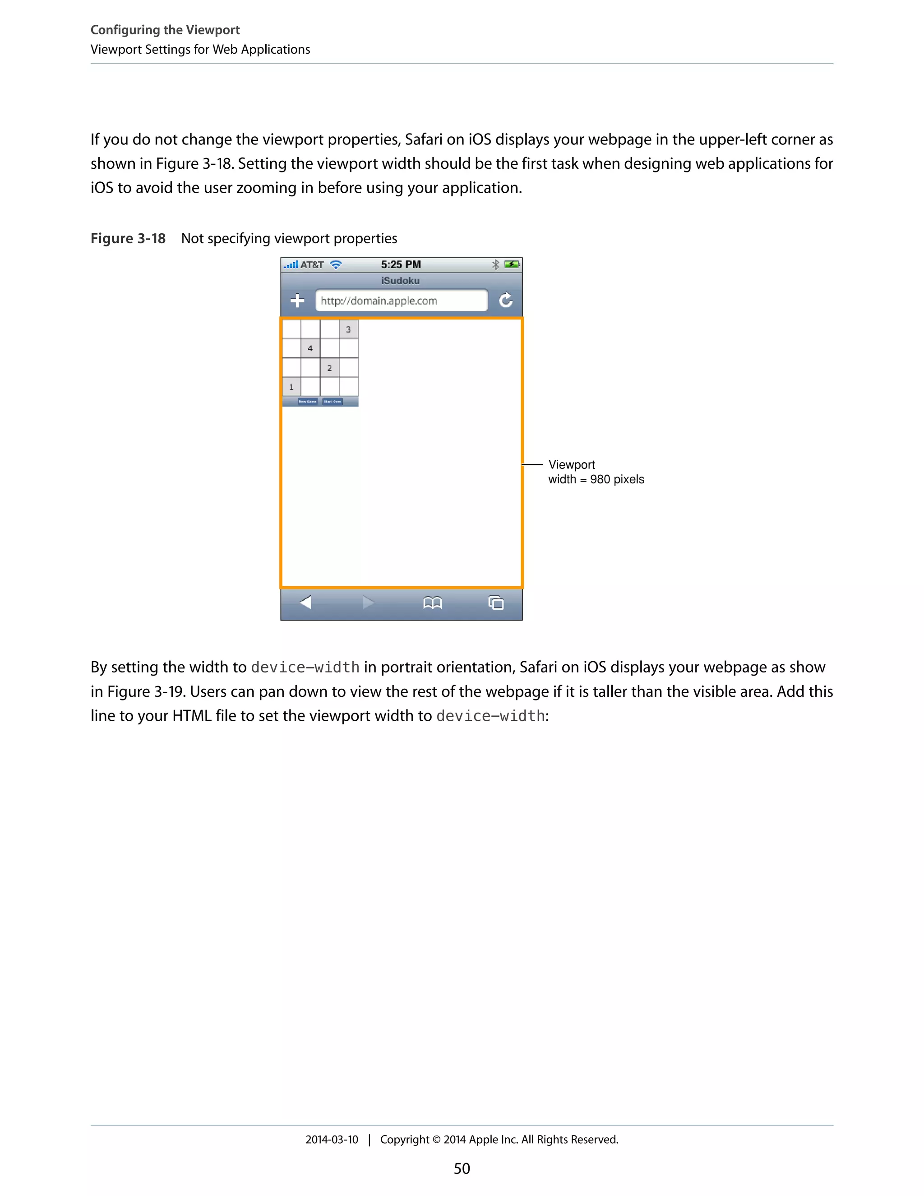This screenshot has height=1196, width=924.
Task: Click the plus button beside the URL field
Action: [297, 300]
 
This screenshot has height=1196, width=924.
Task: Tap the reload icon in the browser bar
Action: [506, 300]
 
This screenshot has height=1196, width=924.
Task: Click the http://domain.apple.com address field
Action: [401, 301]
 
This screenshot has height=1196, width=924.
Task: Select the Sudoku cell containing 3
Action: [348, 329]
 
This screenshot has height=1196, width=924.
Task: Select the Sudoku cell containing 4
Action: [310, 348]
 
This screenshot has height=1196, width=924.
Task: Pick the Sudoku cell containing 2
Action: [329, 367]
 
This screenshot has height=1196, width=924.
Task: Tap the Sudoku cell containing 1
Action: [291, 387]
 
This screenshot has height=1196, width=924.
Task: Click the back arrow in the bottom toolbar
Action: [305, 603]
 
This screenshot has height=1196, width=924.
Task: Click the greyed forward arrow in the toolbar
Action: [369, 603]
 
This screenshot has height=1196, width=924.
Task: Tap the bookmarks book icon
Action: [432, 603]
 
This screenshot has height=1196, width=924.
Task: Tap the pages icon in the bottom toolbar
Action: [496, 603]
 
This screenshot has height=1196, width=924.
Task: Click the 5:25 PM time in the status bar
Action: [401, 264]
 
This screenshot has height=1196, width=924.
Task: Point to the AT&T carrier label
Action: [312, 265]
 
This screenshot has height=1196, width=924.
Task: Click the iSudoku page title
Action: [401, 281]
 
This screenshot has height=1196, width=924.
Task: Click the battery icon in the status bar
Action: [512, 264]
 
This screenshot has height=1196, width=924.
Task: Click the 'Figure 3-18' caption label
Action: [128, 239]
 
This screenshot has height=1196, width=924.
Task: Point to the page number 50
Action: [462, 1168]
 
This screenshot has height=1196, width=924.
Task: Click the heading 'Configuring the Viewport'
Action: [165, 30]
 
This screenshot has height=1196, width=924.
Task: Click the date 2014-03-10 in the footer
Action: [332, 1140]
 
